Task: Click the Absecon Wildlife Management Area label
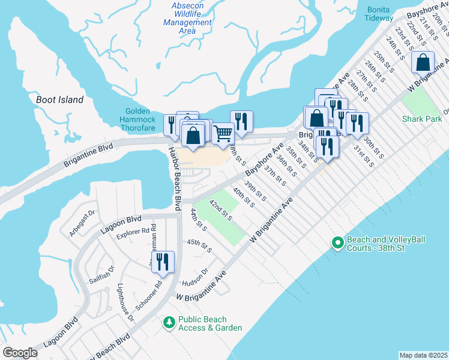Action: tap(187, 18)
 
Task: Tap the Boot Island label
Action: tap(59, 100)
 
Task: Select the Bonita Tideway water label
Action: tap(379, 14)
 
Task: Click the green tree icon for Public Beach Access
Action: tap(169, 323)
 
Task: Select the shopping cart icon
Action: tap(223, 133)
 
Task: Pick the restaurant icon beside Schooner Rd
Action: tap(162, 261)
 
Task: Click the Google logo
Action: tap(20, 353)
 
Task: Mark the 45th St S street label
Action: tap(199, 245)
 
